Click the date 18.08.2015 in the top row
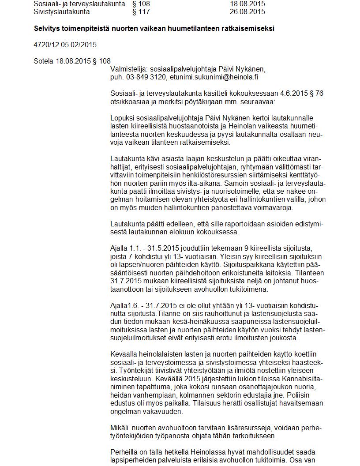pyautogui.click(x=247, y=4)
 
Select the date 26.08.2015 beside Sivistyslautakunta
pyautogui.click(x=247, y=11)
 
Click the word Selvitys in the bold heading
pyautogui.click(x=48, y=28)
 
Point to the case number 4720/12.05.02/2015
pyautogui.click(x=65, y=45)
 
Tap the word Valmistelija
pyautogui.click(x=129, y=69)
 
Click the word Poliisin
pyautogui.click(x=311, y=395)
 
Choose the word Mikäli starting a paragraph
pyautogui.click(x=119, y=428)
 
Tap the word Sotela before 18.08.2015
pyautogui.click(x=43, y=61)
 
